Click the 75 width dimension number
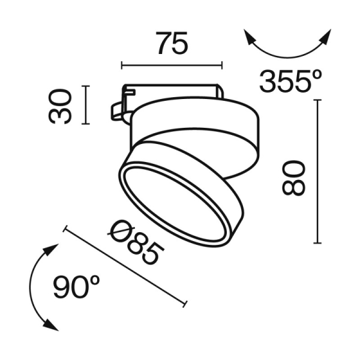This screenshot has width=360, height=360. click(172, 44)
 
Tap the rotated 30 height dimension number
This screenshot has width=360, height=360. click(61, 106)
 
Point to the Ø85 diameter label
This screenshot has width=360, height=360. click(137, 242)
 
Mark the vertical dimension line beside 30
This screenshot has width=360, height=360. click(88, 106)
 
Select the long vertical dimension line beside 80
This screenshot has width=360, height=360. click(317, 171)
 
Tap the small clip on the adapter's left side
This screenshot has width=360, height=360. click(118, 111)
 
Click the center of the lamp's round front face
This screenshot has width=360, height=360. click(181, 193)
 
